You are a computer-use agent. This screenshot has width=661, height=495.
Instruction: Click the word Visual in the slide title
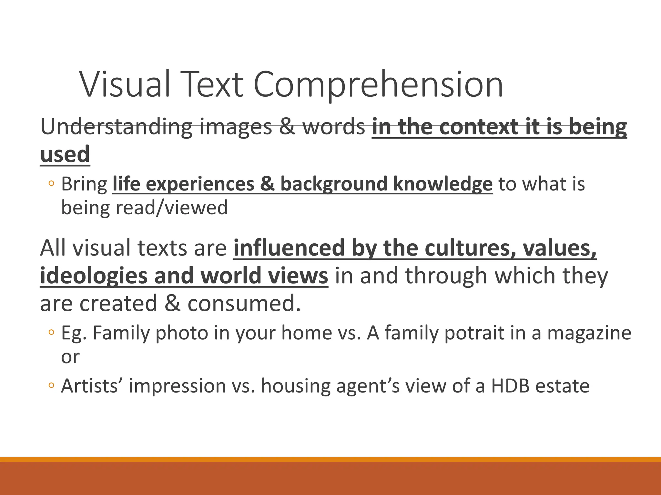125,84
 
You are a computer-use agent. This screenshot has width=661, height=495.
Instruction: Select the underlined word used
65,154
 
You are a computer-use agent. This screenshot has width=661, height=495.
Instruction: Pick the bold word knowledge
443,184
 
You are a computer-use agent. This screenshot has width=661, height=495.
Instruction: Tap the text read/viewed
171,208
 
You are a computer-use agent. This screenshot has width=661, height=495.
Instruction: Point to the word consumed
244,304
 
